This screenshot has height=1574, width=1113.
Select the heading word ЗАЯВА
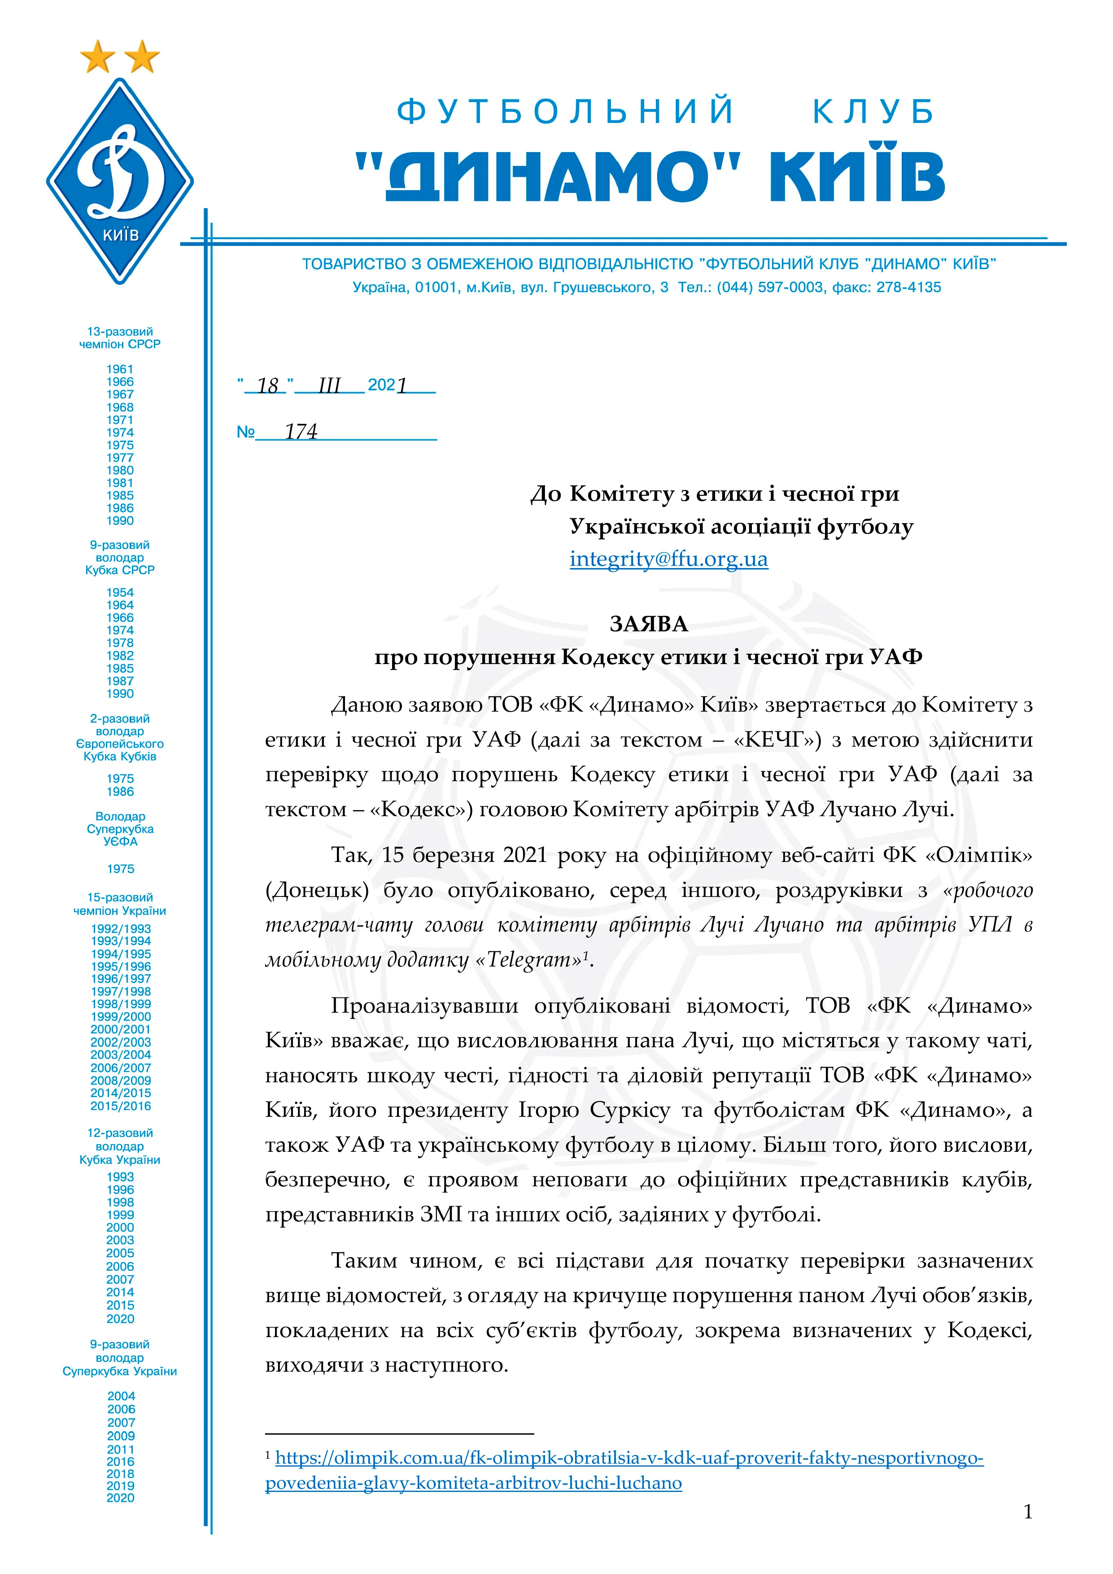pos(648,624)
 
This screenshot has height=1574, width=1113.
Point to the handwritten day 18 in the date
pos(267,385)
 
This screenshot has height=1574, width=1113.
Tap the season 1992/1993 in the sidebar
pos(121,928)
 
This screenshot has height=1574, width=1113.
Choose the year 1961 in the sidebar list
pos(120,369)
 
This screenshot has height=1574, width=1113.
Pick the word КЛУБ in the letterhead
pos(874,112)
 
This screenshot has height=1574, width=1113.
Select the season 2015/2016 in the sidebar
pos(121,1106)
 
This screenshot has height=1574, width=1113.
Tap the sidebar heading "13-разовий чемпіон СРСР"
pos(120,338)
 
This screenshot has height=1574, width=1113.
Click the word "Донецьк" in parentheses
pos(317,890)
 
